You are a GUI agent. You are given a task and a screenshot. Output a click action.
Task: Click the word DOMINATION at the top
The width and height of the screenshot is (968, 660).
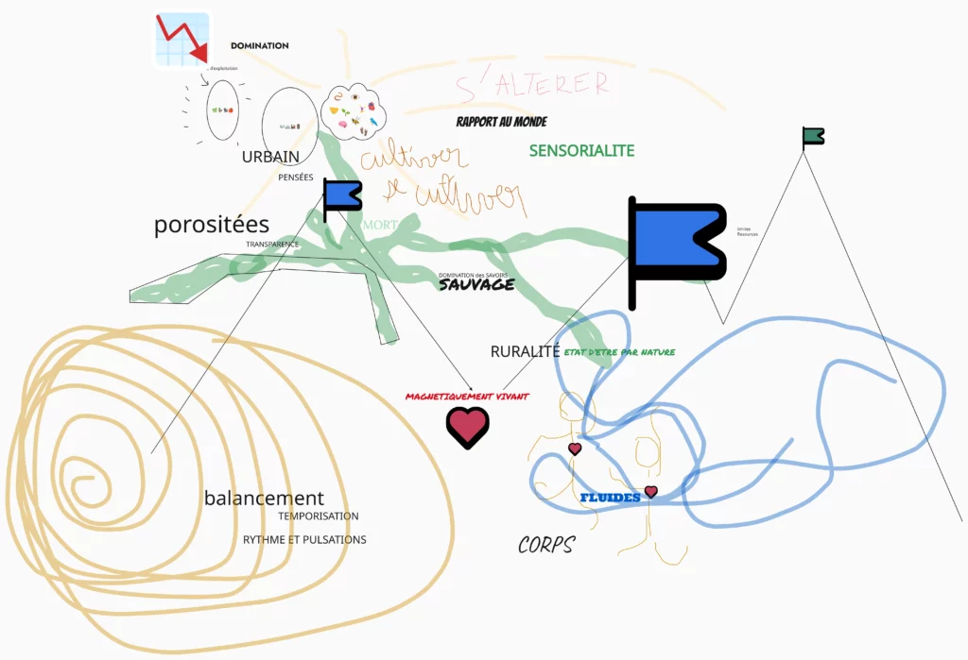(x=259, y=45)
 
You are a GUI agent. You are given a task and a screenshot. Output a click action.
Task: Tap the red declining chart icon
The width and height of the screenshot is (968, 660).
(x=183, y=39)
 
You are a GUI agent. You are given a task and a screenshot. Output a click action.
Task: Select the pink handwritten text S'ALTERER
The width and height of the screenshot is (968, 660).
(x=532, y=84)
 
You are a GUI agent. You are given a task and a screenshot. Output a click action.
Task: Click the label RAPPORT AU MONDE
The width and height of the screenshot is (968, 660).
(x=501, y=122)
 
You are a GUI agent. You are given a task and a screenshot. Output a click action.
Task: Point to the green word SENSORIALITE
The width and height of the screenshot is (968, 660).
(x=581, y=151)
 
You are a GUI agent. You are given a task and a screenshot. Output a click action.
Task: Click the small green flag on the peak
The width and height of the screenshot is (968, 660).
(x=812, y=138)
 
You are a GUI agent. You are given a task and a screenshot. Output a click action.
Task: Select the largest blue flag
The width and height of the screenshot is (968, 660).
(x=675, y=246)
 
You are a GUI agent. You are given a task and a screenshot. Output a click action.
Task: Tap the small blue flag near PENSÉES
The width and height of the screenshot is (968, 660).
(x=341, y=195)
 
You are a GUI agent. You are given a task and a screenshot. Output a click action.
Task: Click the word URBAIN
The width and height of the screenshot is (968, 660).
(x=270, y=157)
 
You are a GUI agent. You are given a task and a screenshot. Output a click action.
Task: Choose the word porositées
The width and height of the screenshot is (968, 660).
(x=212, y=225)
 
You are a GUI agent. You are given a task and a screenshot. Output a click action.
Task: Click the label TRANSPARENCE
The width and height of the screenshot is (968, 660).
(x=272, y=245)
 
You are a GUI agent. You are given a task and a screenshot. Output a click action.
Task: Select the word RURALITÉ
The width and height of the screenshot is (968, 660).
(x=526, y=351)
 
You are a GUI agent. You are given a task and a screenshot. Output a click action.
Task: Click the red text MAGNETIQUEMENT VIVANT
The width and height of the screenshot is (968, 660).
(x=467, y=397)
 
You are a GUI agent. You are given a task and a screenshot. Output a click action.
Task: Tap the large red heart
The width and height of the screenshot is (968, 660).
(x=467, y=428)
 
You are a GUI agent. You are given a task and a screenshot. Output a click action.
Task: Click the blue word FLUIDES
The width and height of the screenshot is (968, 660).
(x=610, y=498)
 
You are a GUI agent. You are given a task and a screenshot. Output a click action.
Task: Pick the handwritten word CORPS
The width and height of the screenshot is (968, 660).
(x=546, y=545)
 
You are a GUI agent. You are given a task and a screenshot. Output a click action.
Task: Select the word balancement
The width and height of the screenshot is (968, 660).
(x=264, y=498)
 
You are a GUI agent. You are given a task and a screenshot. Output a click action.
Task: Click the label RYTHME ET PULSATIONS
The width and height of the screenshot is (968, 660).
(x=304, y=540)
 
